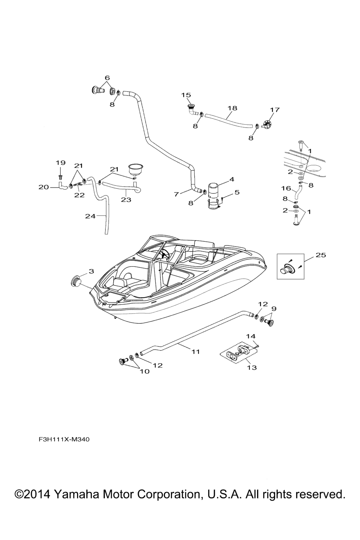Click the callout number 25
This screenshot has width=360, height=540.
[321, 255]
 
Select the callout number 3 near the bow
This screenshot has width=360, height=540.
[91, 271]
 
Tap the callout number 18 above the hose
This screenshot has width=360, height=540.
[232, 108]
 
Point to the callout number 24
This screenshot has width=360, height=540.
[90, 216]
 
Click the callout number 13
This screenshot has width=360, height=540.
[252, 367]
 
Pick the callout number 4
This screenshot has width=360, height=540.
[232, 179]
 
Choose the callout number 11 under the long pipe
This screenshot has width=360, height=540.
[196, 352]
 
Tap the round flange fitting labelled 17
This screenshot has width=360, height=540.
[267, 124]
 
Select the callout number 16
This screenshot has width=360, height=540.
[286, 188]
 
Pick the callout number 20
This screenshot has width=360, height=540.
[44, 187]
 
